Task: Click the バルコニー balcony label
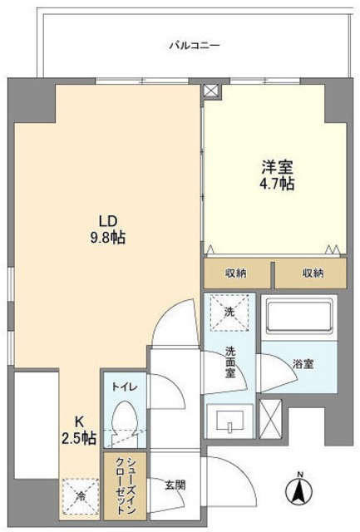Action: [x=193, y=45]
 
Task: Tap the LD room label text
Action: [x=107, y=221]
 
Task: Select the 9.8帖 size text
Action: [x=107, y=238]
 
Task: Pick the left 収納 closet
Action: [x=237, y=273]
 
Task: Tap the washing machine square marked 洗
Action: [x=229, y=312]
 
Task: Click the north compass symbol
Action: [x=298, y=488]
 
